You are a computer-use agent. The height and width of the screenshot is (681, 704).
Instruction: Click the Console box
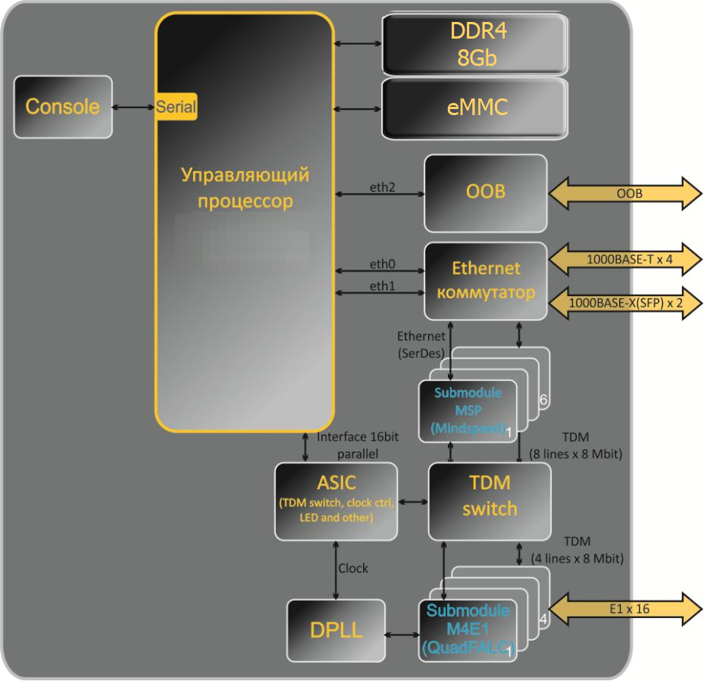(63, 107)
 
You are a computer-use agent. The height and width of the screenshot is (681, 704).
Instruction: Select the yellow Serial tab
(177, 107)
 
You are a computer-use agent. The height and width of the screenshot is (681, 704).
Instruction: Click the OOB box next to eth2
(485, 193)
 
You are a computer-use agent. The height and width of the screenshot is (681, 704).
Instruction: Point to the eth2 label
(383, 186)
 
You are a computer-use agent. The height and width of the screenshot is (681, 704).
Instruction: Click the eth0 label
(383, 266)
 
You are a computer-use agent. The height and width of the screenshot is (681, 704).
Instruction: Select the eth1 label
(383, 287)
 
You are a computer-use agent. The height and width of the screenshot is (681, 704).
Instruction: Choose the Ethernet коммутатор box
(485, 280)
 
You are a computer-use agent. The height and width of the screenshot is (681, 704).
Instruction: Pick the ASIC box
(336, 501)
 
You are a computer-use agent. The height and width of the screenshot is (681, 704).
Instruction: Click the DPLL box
(336, 630)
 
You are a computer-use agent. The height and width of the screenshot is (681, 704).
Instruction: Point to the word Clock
(353, 568)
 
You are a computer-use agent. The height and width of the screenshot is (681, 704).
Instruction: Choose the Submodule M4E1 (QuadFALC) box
(468, 629)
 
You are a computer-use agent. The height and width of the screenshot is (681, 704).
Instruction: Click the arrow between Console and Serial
(134, 107)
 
